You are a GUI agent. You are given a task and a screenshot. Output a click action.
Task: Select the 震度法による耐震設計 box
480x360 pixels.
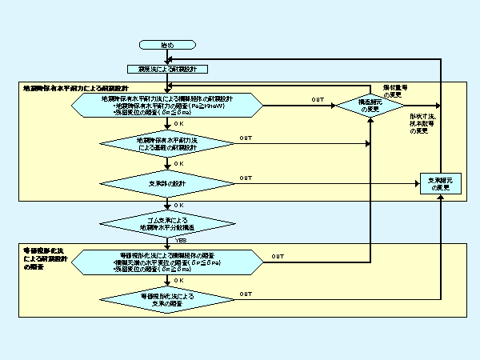tap(166, 70)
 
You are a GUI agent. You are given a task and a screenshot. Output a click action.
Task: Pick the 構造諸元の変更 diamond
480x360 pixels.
tap(369, 105)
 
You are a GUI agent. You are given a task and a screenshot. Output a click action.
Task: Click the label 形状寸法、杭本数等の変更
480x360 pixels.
tap(424, 124)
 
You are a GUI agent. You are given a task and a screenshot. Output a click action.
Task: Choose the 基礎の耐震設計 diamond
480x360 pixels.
tap(166, 144)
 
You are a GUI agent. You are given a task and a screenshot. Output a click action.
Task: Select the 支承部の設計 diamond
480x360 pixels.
tap(166, 183)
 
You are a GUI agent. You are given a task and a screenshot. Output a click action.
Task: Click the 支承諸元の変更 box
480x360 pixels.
tap(442, 183)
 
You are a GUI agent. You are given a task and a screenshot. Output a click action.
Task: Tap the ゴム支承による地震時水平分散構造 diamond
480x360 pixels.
tap(166, 222)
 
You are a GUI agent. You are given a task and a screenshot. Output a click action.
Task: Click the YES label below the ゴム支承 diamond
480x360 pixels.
tap(181, 239)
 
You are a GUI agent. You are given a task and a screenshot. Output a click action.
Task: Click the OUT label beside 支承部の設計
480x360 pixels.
tap(245, 178)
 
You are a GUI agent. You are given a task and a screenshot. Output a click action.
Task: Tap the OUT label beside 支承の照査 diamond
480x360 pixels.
tap(245, 294)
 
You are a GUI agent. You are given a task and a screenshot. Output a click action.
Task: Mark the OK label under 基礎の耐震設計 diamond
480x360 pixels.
tap(178, 163)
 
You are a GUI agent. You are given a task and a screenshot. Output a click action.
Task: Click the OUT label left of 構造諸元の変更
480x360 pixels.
tap(317, 99)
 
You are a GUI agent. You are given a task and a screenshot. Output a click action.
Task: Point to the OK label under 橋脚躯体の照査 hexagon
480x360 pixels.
tap(178, 280)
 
